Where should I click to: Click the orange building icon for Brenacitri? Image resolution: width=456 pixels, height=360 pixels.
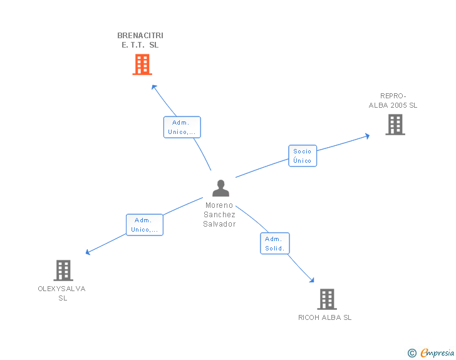[x=142, y=64]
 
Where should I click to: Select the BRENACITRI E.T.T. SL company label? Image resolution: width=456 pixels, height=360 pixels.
[x=140, y=40]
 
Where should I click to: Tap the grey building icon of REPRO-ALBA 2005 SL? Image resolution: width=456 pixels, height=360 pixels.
[x=395, y=125]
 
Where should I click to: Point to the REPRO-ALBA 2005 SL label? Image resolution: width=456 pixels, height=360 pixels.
[x=393, y=101]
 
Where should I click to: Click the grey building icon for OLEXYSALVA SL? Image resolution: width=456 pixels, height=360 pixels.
[x=63, y=270]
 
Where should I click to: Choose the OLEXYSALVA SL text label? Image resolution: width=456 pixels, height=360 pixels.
[x=62, y=293]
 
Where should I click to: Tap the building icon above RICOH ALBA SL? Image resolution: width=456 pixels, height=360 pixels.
[x=326, y=299]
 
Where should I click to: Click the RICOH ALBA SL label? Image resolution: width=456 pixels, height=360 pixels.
[x=324, y=317]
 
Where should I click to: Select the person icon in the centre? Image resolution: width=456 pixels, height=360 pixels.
[x=220, y=188]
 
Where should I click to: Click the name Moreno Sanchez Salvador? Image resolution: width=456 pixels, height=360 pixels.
[x=219, y=215]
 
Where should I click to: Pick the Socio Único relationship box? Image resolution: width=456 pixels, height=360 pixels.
[x=303, y=156]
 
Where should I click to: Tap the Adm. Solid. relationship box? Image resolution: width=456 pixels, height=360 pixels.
[x=275, y=244]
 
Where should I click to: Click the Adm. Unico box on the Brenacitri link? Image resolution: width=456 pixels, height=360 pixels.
[x=182, y=127]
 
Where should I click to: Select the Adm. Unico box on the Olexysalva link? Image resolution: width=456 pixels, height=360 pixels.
[x=145, y=225]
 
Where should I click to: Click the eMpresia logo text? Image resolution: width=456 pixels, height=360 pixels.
[x=437, y=353]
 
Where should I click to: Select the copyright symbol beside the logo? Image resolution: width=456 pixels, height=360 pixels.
[x=412, y=354]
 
